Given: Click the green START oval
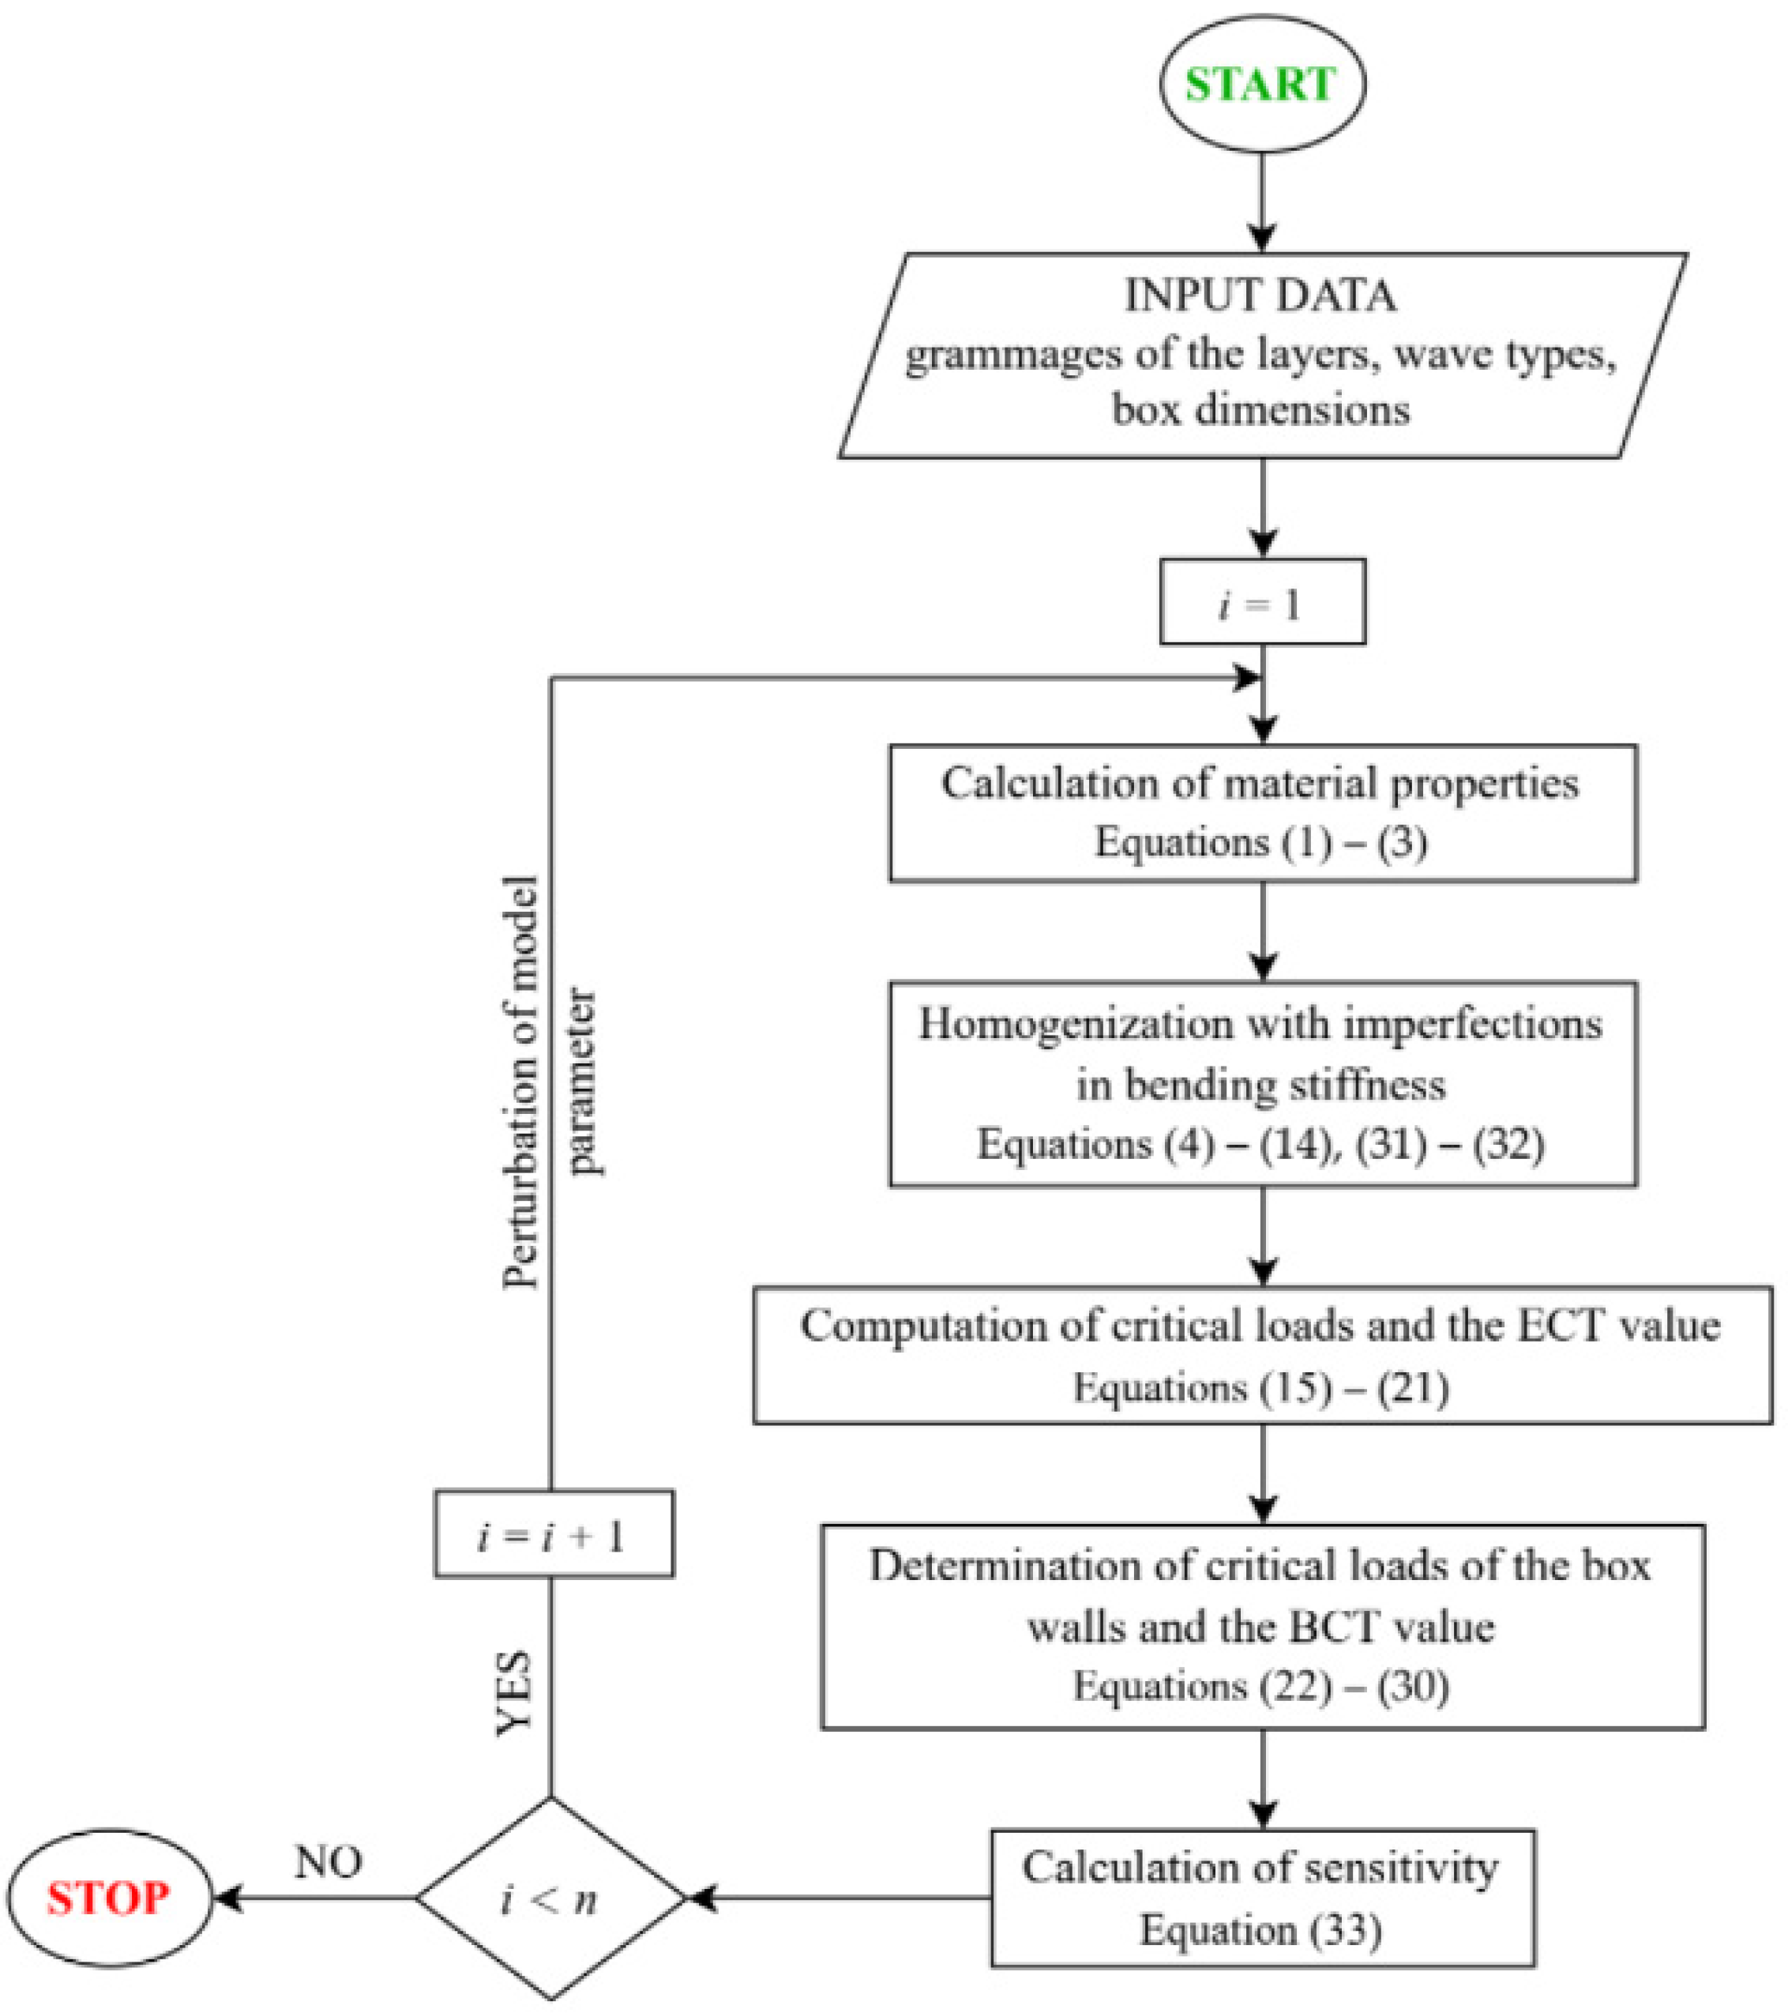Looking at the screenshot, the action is click(x=1261, y=84).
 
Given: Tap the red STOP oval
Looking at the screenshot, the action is click(x=109, y=1897).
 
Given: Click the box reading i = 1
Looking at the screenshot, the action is click(x=1262, y=602).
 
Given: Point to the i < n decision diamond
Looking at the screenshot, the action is click(x=550, y=1898).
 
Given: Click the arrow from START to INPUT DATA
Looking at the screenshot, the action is click(x=1262, y=203).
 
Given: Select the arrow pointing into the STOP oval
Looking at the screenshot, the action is click(x=314, y=1898).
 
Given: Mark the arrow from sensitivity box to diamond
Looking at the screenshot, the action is click(x=838, y=1898).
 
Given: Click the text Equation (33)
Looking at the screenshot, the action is click(x=1261, y=1930).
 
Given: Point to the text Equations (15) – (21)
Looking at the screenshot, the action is click(x=1261, y=1387).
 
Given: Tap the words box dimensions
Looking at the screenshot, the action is click(x=1261, y=408).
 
